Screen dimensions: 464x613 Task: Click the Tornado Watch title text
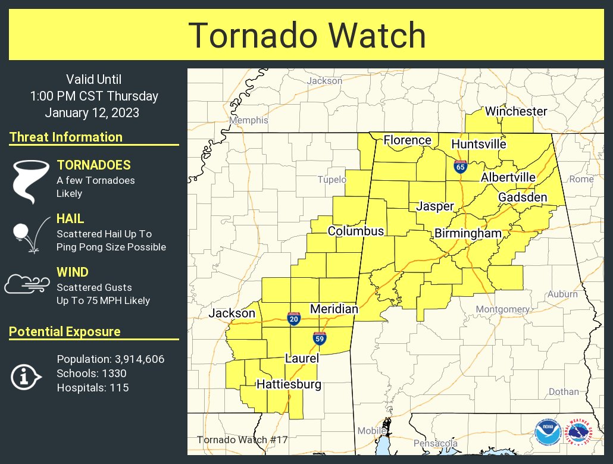(x=307, y=35)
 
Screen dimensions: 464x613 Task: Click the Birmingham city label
(x=468, y=234)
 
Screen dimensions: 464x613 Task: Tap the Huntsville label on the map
(x=478, y=144)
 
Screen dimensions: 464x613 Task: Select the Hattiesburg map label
(x=289, y=384)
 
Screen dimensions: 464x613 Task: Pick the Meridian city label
(x=334, y=309)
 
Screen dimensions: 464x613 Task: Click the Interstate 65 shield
(x=460, y=166)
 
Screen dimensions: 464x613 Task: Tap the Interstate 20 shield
(x=293, y=318)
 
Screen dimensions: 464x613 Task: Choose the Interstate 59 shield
(x=320, y=338)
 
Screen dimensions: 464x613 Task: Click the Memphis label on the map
(x=249, y=120)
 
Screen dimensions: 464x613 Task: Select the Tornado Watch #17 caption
(x=242, y=440)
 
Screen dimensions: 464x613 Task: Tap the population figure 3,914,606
(x=137, y=359)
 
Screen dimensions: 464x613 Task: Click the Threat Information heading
(x=66, y=137)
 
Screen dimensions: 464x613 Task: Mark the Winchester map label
(x=515, y=111)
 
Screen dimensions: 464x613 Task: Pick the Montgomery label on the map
(x=502, y=309)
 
